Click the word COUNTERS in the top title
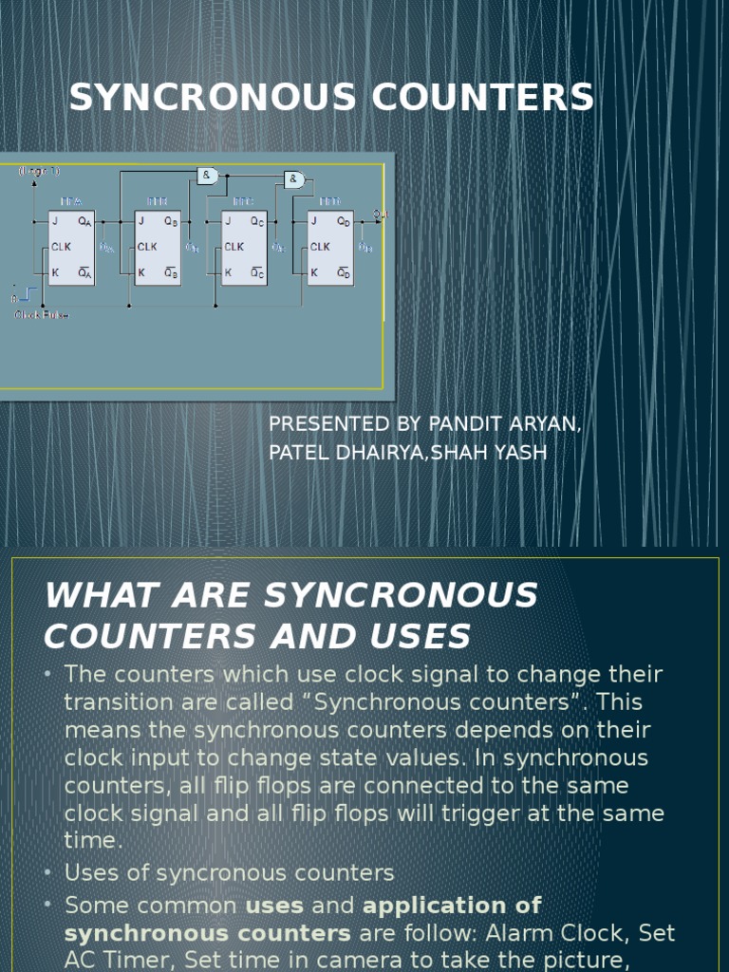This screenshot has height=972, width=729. (x=485, y=98)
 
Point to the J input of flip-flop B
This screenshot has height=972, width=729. (x=140, y=222)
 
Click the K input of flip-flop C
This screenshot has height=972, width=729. (x=228, y=272)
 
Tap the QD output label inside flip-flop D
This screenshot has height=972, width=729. (x=343, y=222)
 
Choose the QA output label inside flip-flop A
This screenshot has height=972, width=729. (x=84, y=222)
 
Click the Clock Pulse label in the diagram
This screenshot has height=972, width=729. (x=41, y=314)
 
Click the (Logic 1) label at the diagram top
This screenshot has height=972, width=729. (x=38, y=172)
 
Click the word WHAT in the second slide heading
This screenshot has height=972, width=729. (x=94, y=596)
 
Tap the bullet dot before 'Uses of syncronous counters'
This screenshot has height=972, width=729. (x=49, y=872)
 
